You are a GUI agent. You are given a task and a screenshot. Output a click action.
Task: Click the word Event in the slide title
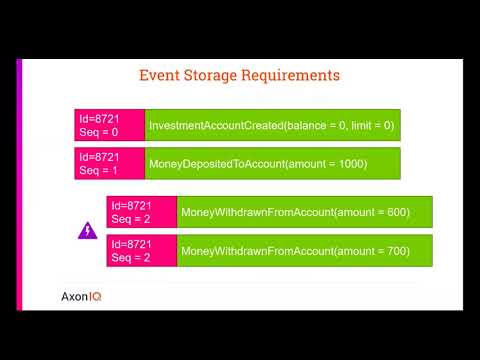pos(161,75)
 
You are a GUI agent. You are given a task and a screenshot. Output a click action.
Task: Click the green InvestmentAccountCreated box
pos(273,125)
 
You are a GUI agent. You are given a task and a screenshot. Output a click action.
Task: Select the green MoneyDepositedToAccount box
pos(273,163)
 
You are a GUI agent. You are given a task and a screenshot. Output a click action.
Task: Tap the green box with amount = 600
pos(305,212)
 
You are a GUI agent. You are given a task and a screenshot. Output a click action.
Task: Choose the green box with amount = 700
pos(305,251)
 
